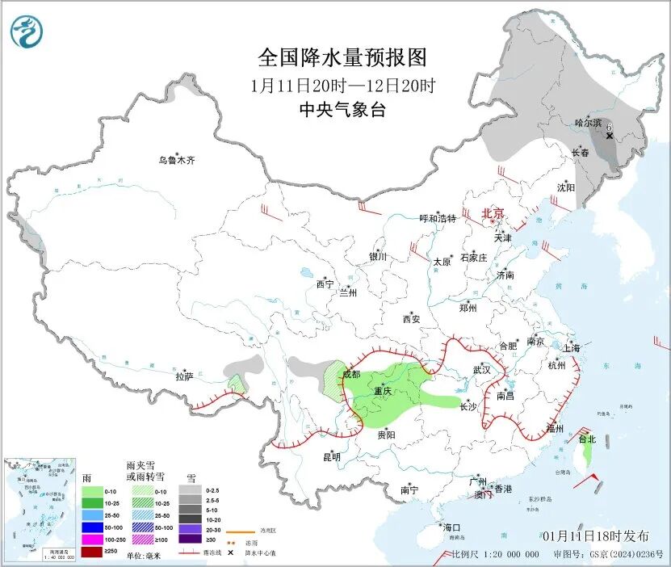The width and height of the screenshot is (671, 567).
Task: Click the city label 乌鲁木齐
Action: click(176, 160)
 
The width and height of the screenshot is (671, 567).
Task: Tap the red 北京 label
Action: click(493, 213)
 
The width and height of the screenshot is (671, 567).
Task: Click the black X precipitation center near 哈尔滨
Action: click(609, 136)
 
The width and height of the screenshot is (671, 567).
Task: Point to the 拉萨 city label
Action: click(184, 376)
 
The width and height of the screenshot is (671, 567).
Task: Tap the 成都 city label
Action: click(351, 374)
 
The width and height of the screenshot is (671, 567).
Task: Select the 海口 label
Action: click(451, 527)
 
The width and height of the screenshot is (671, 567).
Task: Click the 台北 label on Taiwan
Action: click(586, 439)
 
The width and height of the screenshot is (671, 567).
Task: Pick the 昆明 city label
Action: click(332, 457)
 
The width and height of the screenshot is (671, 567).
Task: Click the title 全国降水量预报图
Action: click(342, 57)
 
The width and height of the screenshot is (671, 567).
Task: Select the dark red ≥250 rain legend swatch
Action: click(93, 551)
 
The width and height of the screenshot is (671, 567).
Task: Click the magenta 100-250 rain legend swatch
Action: click(93, 539)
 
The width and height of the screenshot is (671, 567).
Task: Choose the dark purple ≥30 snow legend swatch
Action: click(191, 539)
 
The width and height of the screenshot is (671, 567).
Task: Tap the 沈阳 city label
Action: click(566, 187)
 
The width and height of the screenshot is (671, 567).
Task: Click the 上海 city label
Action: click(571, 348)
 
